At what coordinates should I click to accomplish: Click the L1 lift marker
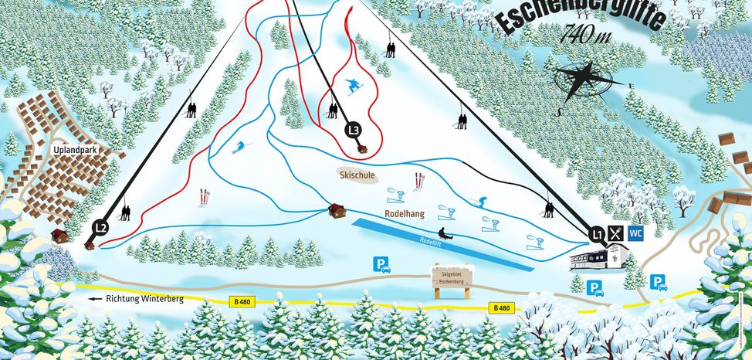595,232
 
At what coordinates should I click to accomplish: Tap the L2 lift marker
100,227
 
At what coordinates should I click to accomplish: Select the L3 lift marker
354,130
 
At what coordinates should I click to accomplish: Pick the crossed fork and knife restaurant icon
615,232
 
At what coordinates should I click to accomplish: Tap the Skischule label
357,175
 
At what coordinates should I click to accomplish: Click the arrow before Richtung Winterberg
95,298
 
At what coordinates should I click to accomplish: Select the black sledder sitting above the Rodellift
443,233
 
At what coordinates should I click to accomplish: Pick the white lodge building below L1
598,258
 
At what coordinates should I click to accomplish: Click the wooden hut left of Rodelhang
336,210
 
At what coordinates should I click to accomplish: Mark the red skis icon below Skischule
419,181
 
